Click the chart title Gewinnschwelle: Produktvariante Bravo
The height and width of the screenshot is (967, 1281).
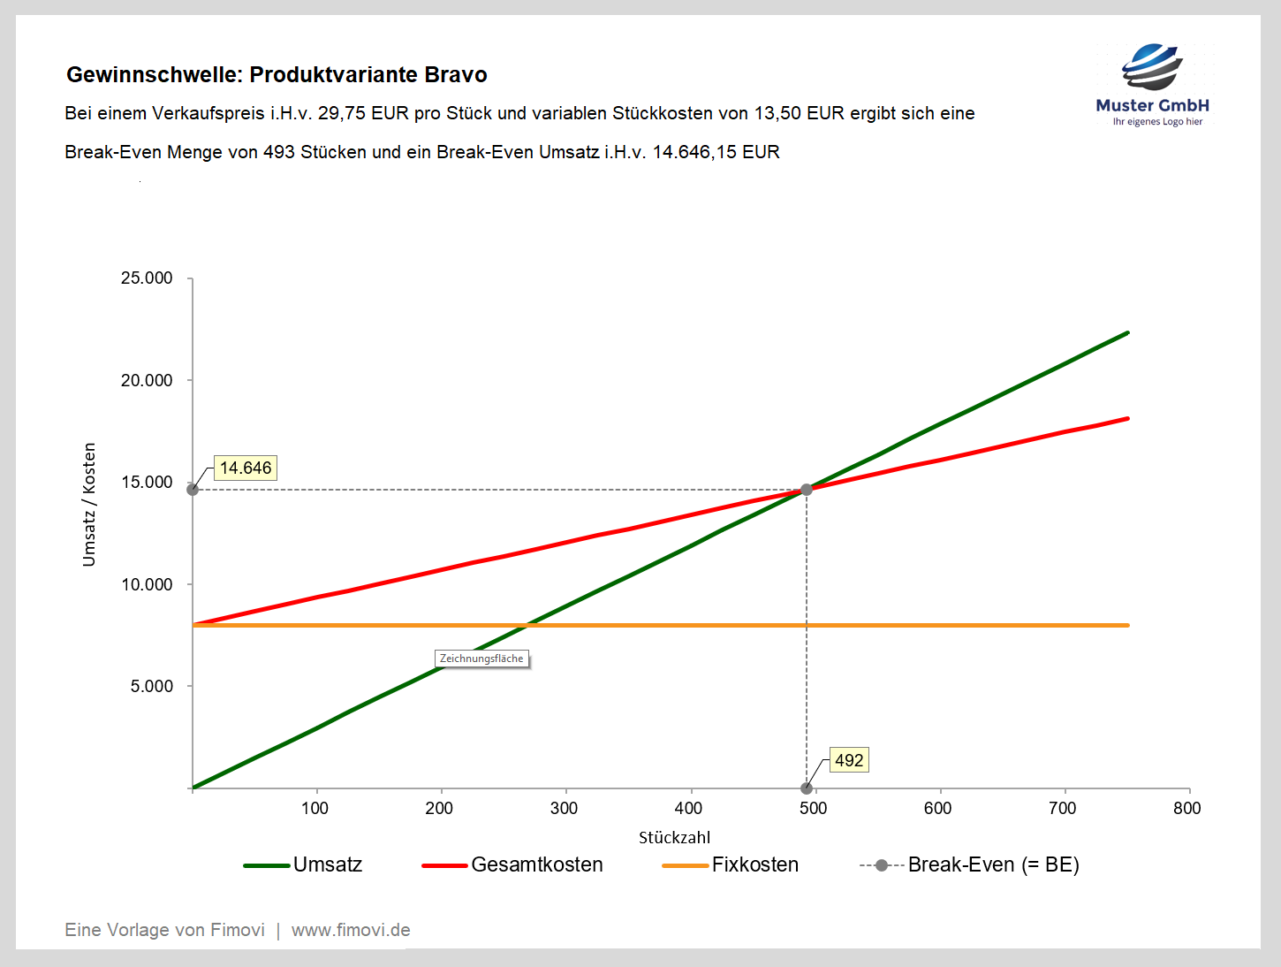click(x=277, y=74)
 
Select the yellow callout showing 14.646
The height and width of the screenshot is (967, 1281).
click(x=246, y=468)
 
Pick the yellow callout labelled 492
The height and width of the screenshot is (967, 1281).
click(x=849, y=760)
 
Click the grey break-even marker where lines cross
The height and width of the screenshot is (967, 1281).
click(x=807, y=490)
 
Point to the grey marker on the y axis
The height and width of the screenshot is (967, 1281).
click(x=193, y=490)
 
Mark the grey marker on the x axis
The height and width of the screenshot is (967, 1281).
click(x=807, y=788)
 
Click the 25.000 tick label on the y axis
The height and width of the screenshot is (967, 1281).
click(x=147, y=278)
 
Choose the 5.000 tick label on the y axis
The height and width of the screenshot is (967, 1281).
click(x=152, y=687)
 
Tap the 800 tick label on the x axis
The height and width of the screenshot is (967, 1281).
click(x=1187, y=808)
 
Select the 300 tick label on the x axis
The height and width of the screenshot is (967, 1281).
click(x=564, y=808)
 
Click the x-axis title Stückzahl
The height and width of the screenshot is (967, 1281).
click(x=674, y=837)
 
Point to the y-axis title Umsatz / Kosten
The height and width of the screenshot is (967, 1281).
click(x=89, y=505)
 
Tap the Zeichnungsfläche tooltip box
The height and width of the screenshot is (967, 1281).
click(x=481, y=659)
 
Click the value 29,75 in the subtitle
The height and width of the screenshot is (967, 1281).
click(x=342, y=113)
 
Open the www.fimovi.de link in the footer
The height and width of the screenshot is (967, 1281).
click(x=351, y=930)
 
